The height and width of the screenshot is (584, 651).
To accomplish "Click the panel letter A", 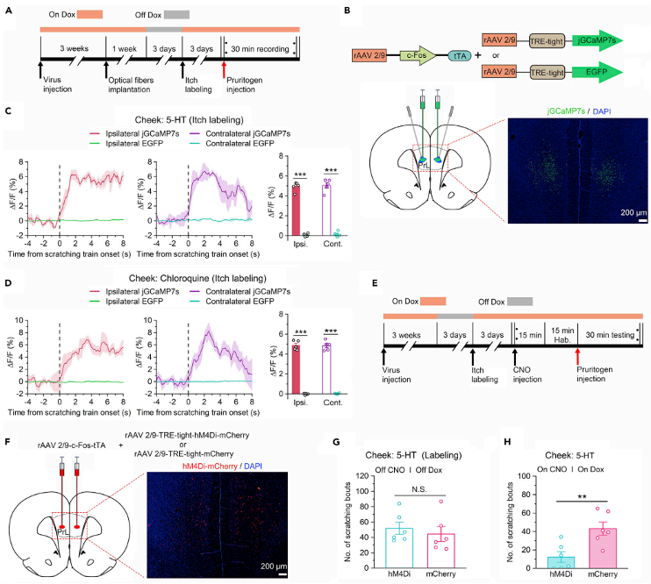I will tap(8, 11).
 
